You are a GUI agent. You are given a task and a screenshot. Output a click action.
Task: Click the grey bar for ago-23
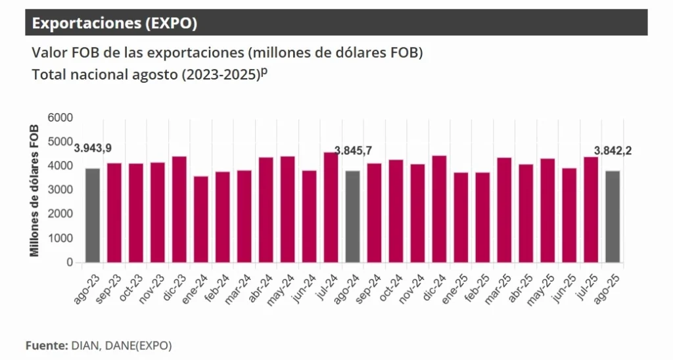[92, 215]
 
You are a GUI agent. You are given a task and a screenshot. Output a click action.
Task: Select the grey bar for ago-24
[352, 217]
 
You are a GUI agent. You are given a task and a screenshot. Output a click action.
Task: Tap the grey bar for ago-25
[612, 217]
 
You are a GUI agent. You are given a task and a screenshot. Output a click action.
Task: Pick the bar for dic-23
[179, 210]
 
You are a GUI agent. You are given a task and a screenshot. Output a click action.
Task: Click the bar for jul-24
[331, 208]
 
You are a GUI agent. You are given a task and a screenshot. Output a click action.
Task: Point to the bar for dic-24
[439, 210]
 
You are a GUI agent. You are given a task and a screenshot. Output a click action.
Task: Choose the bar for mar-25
[504, 210]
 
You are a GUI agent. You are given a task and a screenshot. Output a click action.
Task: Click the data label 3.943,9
[92, 148]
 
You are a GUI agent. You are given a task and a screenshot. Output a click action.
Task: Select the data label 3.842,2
[613, 150]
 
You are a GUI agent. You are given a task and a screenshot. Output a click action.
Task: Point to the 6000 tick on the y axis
[60, 118]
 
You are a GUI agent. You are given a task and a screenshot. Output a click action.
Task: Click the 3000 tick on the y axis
[60, 190]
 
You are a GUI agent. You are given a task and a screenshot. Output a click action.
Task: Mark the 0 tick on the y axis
[69, 262]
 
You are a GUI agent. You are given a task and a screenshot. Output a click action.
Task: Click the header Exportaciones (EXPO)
[114, 24]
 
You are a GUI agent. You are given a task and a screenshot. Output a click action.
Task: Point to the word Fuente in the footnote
[45, 345]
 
